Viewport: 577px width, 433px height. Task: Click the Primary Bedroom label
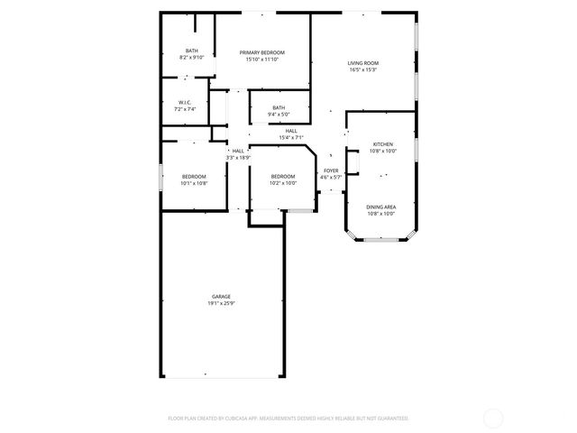pyautogui.click(x=262, y=53)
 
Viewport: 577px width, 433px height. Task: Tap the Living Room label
pyautogui.click(x=362, y=63)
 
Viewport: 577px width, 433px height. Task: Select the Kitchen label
pyautogui.click(x=383, y=144)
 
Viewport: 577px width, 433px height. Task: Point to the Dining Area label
pyautogui.click(x=380, y=207)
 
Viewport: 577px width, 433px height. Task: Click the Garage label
pyautogui.click(x=221, y=297)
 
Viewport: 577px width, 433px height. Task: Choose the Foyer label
pyautogui.click(x=332, y=170)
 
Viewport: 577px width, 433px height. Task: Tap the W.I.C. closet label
pyautogui.click(x=184, y=103)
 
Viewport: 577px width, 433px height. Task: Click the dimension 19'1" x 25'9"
pyautogui.click(x=221, y=303)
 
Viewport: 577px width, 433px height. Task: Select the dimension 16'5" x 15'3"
pyautogui.click(x=362, y=69)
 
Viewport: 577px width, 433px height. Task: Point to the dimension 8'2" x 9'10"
pyautogui.click(x=192, y=57)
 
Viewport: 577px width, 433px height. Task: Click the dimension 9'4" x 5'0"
pyautogui.click(x=279, y=115)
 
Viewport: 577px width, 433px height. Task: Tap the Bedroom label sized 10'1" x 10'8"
pyautogui.click(x=194, y=176)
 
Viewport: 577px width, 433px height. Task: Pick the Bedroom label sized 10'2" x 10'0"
pyautogui.click(x=282, y=176)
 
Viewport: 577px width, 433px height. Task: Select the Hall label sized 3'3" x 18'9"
pyautogui.click(x=238, y=151)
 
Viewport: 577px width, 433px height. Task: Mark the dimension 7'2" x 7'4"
pyautogui.click(x=184, y=109)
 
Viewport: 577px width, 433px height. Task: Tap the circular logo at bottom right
pyautogui.click(x=493, y=418)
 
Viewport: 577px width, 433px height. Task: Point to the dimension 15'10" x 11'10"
pyautogui.click(x=262, y=60)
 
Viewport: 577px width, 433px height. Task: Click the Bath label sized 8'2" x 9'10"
pyautogui.click(x=192, y=51)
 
